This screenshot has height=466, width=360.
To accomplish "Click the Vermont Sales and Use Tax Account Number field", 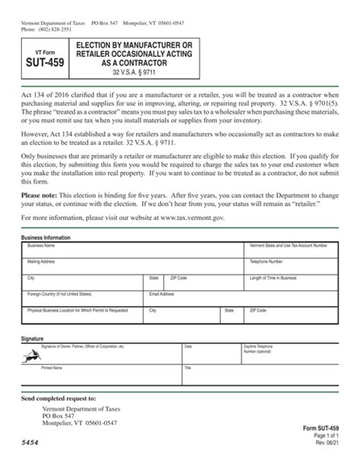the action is [x=292, y=251].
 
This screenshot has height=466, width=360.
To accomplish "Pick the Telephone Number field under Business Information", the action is [x=292, y=266].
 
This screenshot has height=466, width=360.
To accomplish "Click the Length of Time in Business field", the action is [x=292, y=283].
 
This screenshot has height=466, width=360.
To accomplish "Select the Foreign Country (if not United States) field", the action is [x=84, y=298].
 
